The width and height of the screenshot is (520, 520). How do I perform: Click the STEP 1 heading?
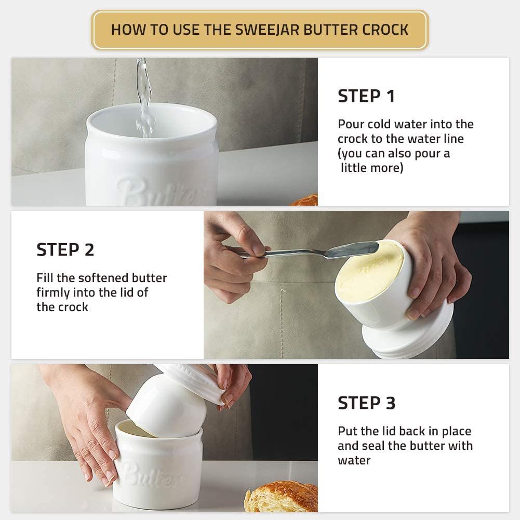[x=366, y=96]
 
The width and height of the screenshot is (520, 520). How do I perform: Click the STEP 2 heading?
[x=65, y=250]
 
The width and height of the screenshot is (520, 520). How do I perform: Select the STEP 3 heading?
[x=366, y=403]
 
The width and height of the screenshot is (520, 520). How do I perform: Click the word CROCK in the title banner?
[x=383, y=29]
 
